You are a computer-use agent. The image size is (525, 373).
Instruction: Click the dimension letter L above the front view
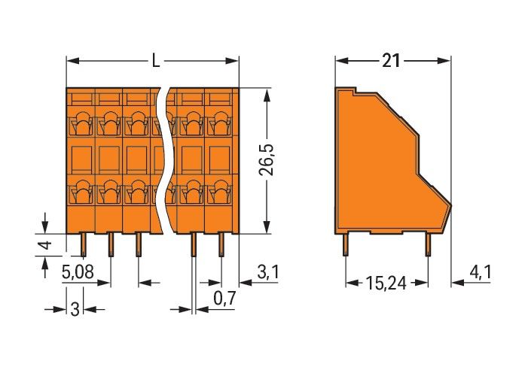coord(156,61)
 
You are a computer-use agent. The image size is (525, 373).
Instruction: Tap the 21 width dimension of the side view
coord(391,61)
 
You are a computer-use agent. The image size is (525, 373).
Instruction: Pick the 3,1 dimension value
coord(267,272)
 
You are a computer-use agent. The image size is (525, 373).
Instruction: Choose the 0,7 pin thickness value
coord(224,299)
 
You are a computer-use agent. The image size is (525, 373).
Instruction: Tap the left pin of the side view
coord(346,244)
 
